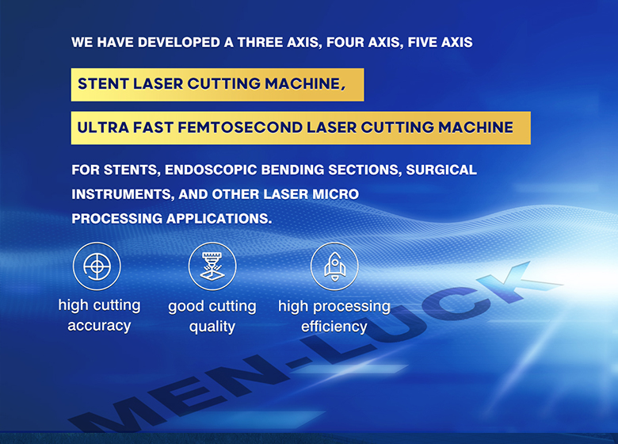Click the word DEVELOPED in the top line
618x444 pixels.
(179, 42)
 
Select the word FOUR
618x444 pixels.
(345, 42)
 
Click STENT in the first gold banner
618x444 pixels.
(103, 83)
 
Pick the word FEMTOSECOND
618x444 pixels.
(239, 128)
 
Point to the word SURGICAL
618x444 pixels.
(441, 170)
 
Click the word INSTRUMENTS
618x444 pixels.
(123, 194)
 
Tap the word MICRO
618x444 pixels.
(335, 194)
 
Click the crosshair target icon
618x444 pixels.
(97, 266)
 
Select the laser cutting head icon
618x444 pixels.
(212, 266)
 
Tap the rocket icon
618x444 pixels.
(334, 266)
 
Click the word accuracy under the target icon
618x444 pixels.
(99, 326)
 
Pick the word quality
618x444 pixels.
(212, 327)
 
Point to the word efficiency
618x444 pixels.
(334, 327)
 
